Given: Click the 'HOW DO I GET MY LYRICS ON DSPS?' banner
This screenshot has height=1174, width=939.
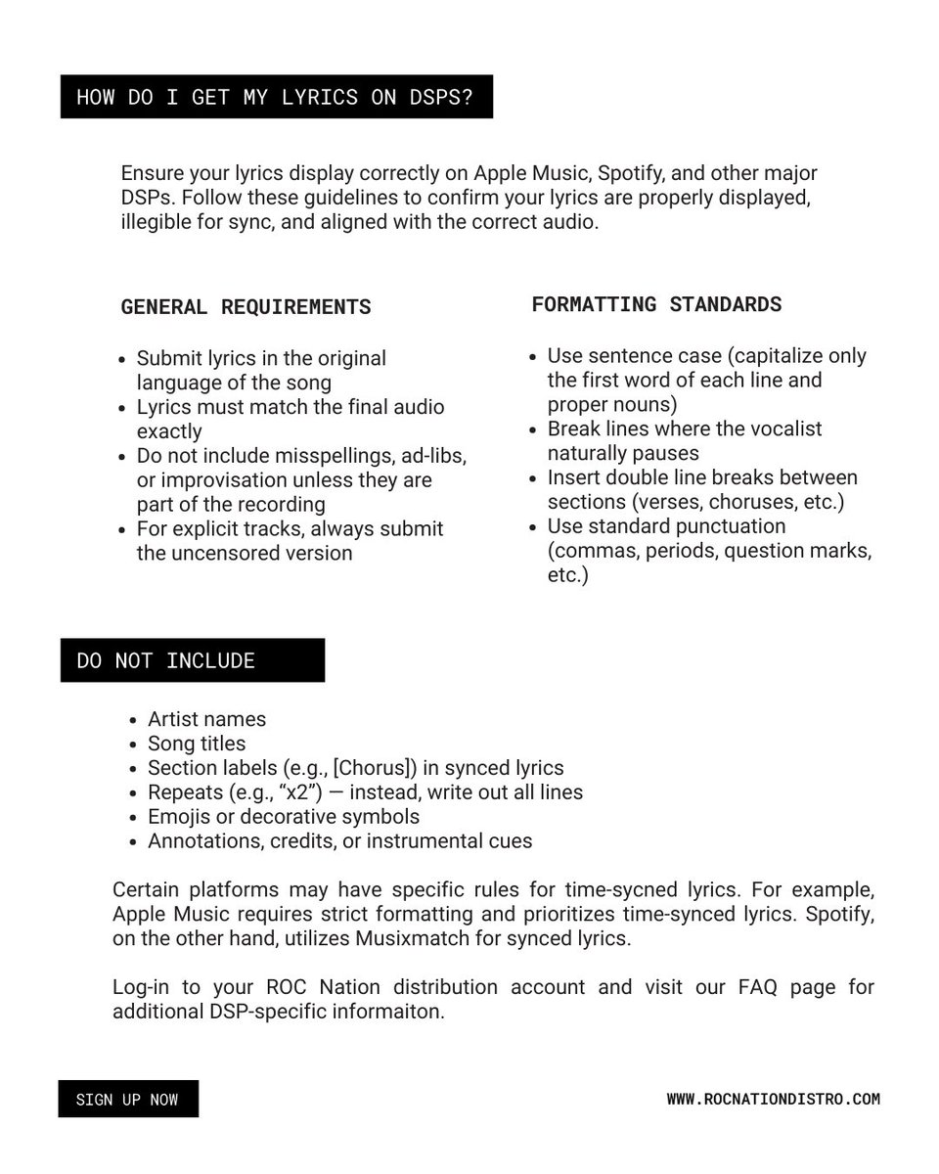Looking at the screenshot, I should coord(276,97).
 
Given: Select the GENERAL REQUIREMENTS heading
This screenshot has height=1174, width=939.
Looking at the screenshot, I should coord(246,307).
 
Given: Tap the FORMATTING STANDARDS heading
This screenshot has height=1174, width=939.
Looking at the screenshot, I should coord(656,304).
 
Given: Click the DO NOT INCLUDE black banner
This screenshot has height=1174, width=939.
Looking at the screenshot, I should coord(192,660).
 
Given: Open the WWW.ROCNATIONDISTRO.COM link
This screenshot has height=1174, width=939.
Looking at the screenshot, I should coord(773,1100).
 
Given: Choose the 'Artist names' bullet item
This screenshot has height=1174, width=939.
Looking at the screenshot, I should coord(206,719).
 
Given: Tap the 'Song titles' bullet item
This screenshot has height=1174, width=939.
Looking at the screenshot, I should coord(197,744).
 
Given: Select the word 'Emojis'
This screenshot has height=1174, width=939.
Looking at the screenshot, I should coord(179,816).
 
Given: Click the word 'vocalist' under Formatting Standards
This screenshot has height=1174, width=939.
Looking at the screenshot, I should coord(780,429).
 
